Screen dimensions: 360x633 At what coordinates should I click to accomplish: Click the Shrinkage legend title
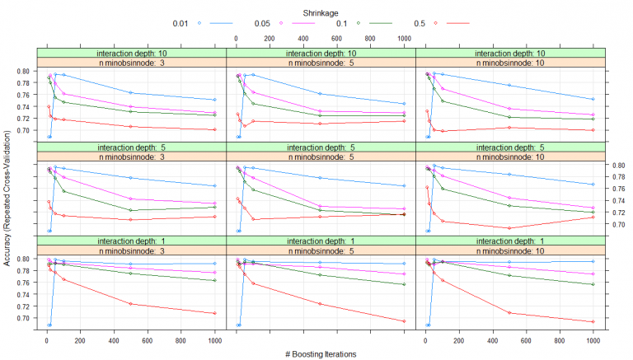316,7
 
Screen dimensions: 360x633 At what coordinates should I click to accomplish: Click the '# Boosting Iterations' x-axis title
316,352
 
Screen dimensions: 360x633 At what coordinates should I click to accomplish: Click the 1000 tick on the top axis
403,38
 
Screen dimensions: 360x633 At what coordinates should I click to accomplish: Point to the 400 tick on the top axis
303,38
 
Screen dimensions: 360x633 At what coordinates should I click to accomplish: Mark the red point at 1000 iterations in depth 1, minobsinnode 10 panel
593,322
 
